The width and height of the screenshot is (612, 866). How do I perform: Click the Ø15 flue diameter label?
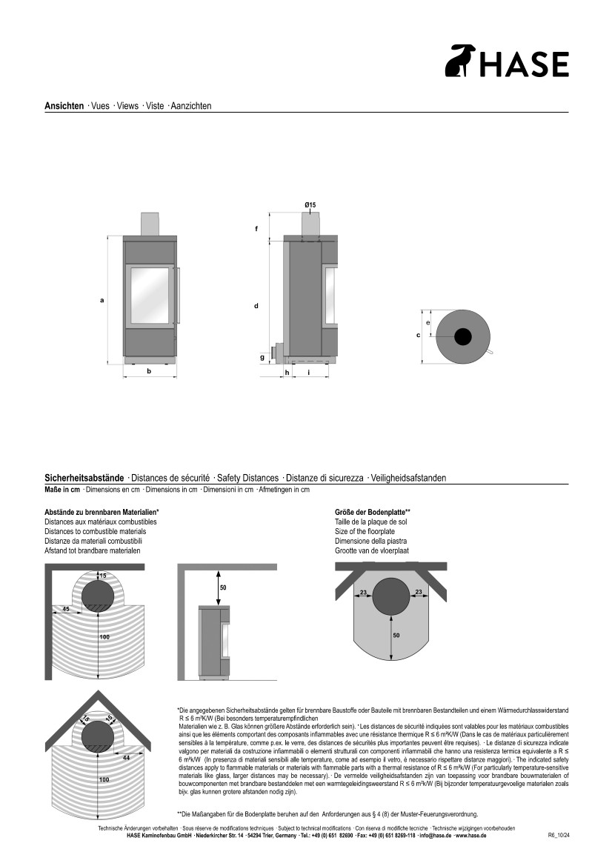pos(310,204)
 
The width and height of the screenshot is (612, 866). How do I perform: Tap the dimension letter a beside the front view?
pos(102,299)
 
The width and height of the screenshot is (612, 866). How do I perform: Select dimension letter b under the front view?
pos(149,371)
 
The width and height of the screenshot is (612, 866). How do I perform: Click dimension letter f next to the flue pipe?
pos(256,228)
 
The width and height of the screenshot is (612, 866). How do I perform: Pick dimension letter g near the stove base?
pos(262,357)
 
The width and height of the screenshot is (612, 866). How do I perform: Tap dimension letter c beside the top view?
pos(418,336)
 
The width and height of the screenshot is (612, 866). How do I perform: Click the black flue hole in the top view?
pos(462,336)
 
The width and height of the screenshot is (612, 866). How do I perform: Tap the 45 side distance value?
pos(66,609)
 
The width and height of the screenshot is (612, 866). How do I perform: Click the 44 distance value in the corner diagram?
pos(126,757)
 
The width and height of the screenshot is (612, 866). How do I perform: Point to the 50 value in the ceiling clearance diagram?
pos(223,587)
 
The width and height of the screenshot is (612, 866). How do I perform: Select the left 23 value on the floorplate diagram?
pos(364,592)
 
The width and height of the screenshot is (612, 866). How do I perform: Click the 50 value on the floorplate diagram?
pos(396,636)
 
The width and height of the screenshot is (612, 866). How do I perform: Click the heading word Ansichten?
pos(64,106)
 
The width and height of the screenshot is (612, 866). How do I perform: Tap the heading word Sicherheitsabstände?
pos(84,478)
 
